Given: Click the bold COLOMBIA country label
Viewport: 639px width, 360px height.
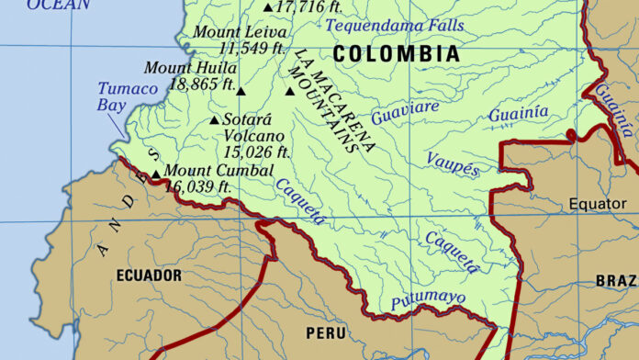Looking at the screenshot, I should tap(397, 54).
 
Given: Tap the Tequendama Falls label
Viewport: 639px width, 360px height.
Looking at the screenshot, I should tap(395, 26).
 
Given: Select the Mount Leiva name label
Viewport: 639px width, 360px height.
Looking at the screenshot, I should tap(233, 32).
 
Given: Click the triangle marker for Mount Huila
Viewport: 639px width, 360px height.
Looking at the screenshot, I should tap(241, 91).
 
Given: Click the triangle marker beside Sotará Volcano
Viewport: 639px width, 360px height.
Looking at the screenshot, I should tap(215, 120).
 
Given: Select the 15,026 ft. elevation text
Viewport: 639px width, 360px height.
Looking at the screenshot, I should tap(256, 152).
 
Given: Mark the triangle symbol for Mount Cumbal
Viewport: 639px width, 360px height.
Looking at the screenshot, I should tap(156, 173).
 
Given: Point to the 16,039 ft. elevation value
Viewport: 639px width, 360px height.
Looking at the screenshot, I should tap(198, 186).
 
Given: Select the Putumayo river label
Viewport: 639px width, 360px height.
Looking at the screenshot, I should tap(428, 298).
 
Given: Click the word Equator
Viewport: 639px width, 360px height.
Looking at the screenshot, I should tap(597, 203).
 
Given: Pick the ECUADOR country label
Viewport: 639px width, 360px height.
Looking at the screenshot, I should tap(149, 276).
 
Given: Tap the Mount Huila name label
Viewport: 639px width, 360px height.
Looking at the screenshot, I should tap(191, 68).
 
